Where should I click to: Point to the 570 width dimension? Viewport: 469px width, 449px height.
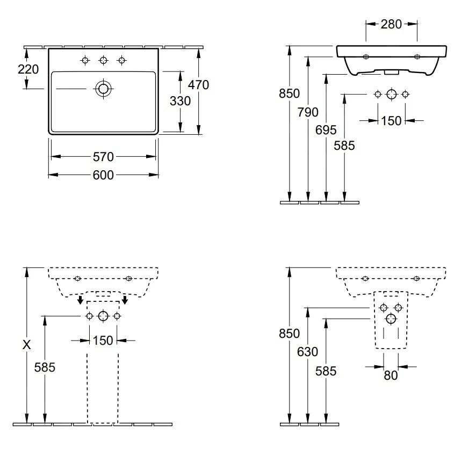pos(103,156)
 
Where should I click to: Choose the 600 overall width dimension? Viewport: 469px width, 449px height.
pos(103,175)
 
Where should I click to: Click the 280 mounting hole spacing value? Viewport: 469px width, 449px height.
pos(391,24)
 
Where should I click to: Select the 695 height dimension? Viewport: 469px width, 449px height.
pos(327,129)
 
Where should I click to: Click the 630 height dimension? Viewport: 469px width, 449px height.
pos(308,352)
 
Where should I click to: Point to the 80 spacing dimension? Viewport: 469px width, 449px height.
pos(391,375)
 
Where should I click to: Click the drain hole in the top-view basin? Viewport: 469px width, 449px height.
pos(103,89)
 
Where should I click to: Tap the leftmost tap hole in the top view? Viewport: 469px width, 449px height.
pos(85,60)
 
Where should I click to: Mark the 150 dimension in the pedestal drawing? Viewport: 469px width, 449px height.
pos(103,340)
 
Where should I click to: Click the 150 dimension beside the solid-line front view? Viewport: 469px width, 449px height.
pos(391,121)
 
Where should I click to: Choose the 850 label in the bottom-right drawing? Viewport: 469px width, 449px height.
pos(289,334)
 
